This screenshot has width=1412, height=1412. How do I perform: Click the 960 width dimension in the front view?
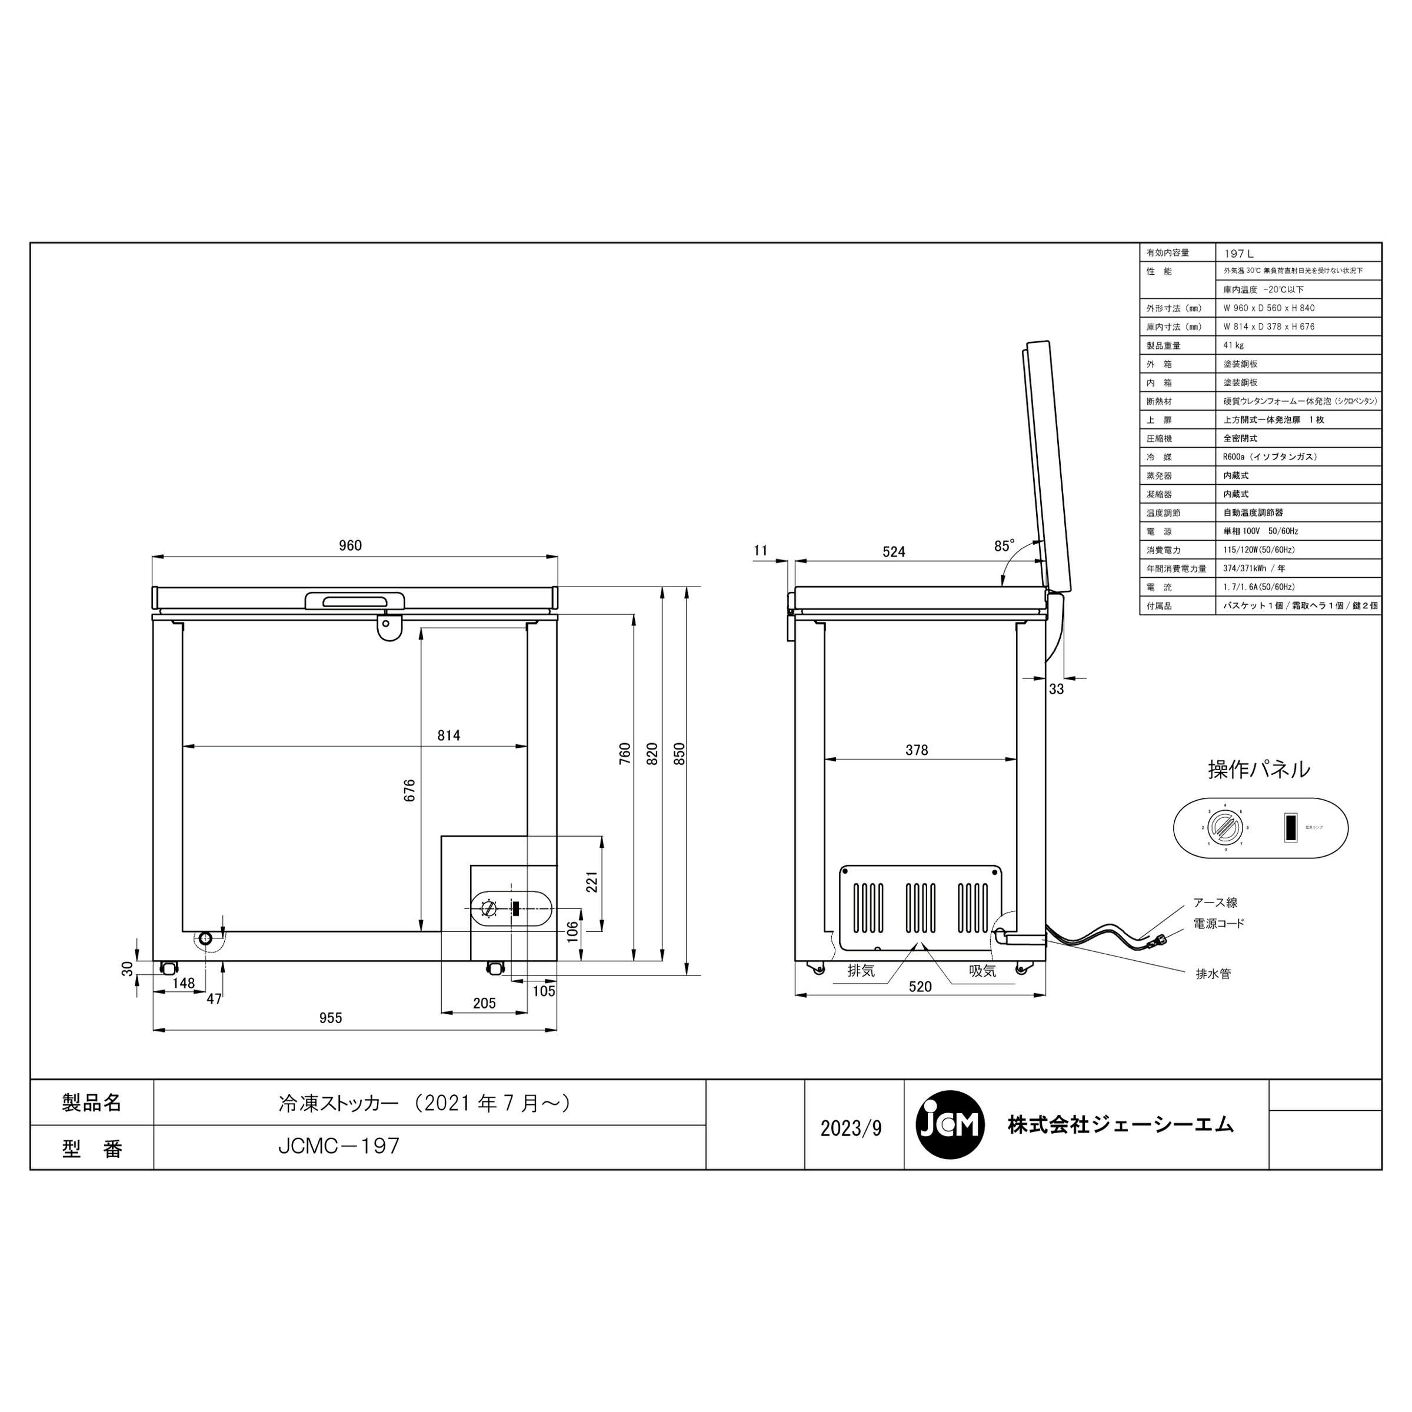coord(350,546)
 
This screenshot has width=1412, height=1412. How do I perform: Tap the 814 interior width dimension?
coord(449,735)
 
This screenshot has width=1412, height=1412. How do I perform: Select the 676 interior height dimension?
coord(409,790)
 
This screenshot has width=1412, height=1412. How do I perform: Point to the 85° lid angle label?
coord(1004,546)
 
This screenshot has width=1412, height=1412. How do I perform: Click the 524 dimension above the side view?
coord(893,552)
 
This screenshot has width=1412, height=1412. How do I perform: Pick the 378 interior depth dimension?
coord(917,750)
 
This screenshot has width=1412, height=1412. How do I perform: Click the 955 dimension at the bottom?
coord(330,1018)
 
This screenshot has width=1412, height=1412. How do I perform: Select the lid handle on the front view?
coord(355,600)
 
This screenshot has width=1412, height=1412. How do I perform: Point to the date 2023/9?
coord(851,1128)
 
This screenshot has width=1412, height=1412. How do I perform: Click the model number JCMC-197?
coord(339,1145)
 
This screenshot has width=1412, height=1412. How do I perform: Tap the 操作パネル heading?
coord(1258,770)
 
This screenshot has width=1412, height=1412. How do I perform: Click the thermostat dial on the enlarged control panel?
coord(1224,828)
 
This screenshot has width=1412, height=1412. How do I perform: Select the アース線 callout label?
coord(1215,903)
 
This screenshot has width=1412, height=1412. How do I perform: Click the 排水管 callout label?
coord(1213,974)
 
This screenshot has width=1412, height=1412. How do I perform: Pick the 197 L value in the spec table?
coord(1239,254)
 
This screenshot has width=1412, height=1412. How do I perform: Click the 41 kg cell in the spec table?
coord(1234,345)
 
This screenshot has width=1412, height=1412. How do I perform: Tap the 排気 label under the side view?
coord(861,971)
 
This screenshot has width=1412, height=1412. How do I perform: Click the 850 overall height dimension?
coord(679,754)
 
